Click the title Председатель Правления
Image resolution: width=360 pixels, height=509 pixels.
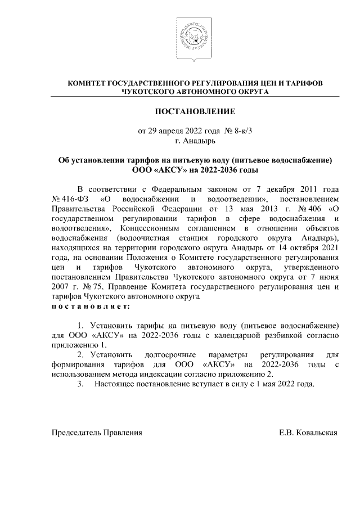click(97, 433)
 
